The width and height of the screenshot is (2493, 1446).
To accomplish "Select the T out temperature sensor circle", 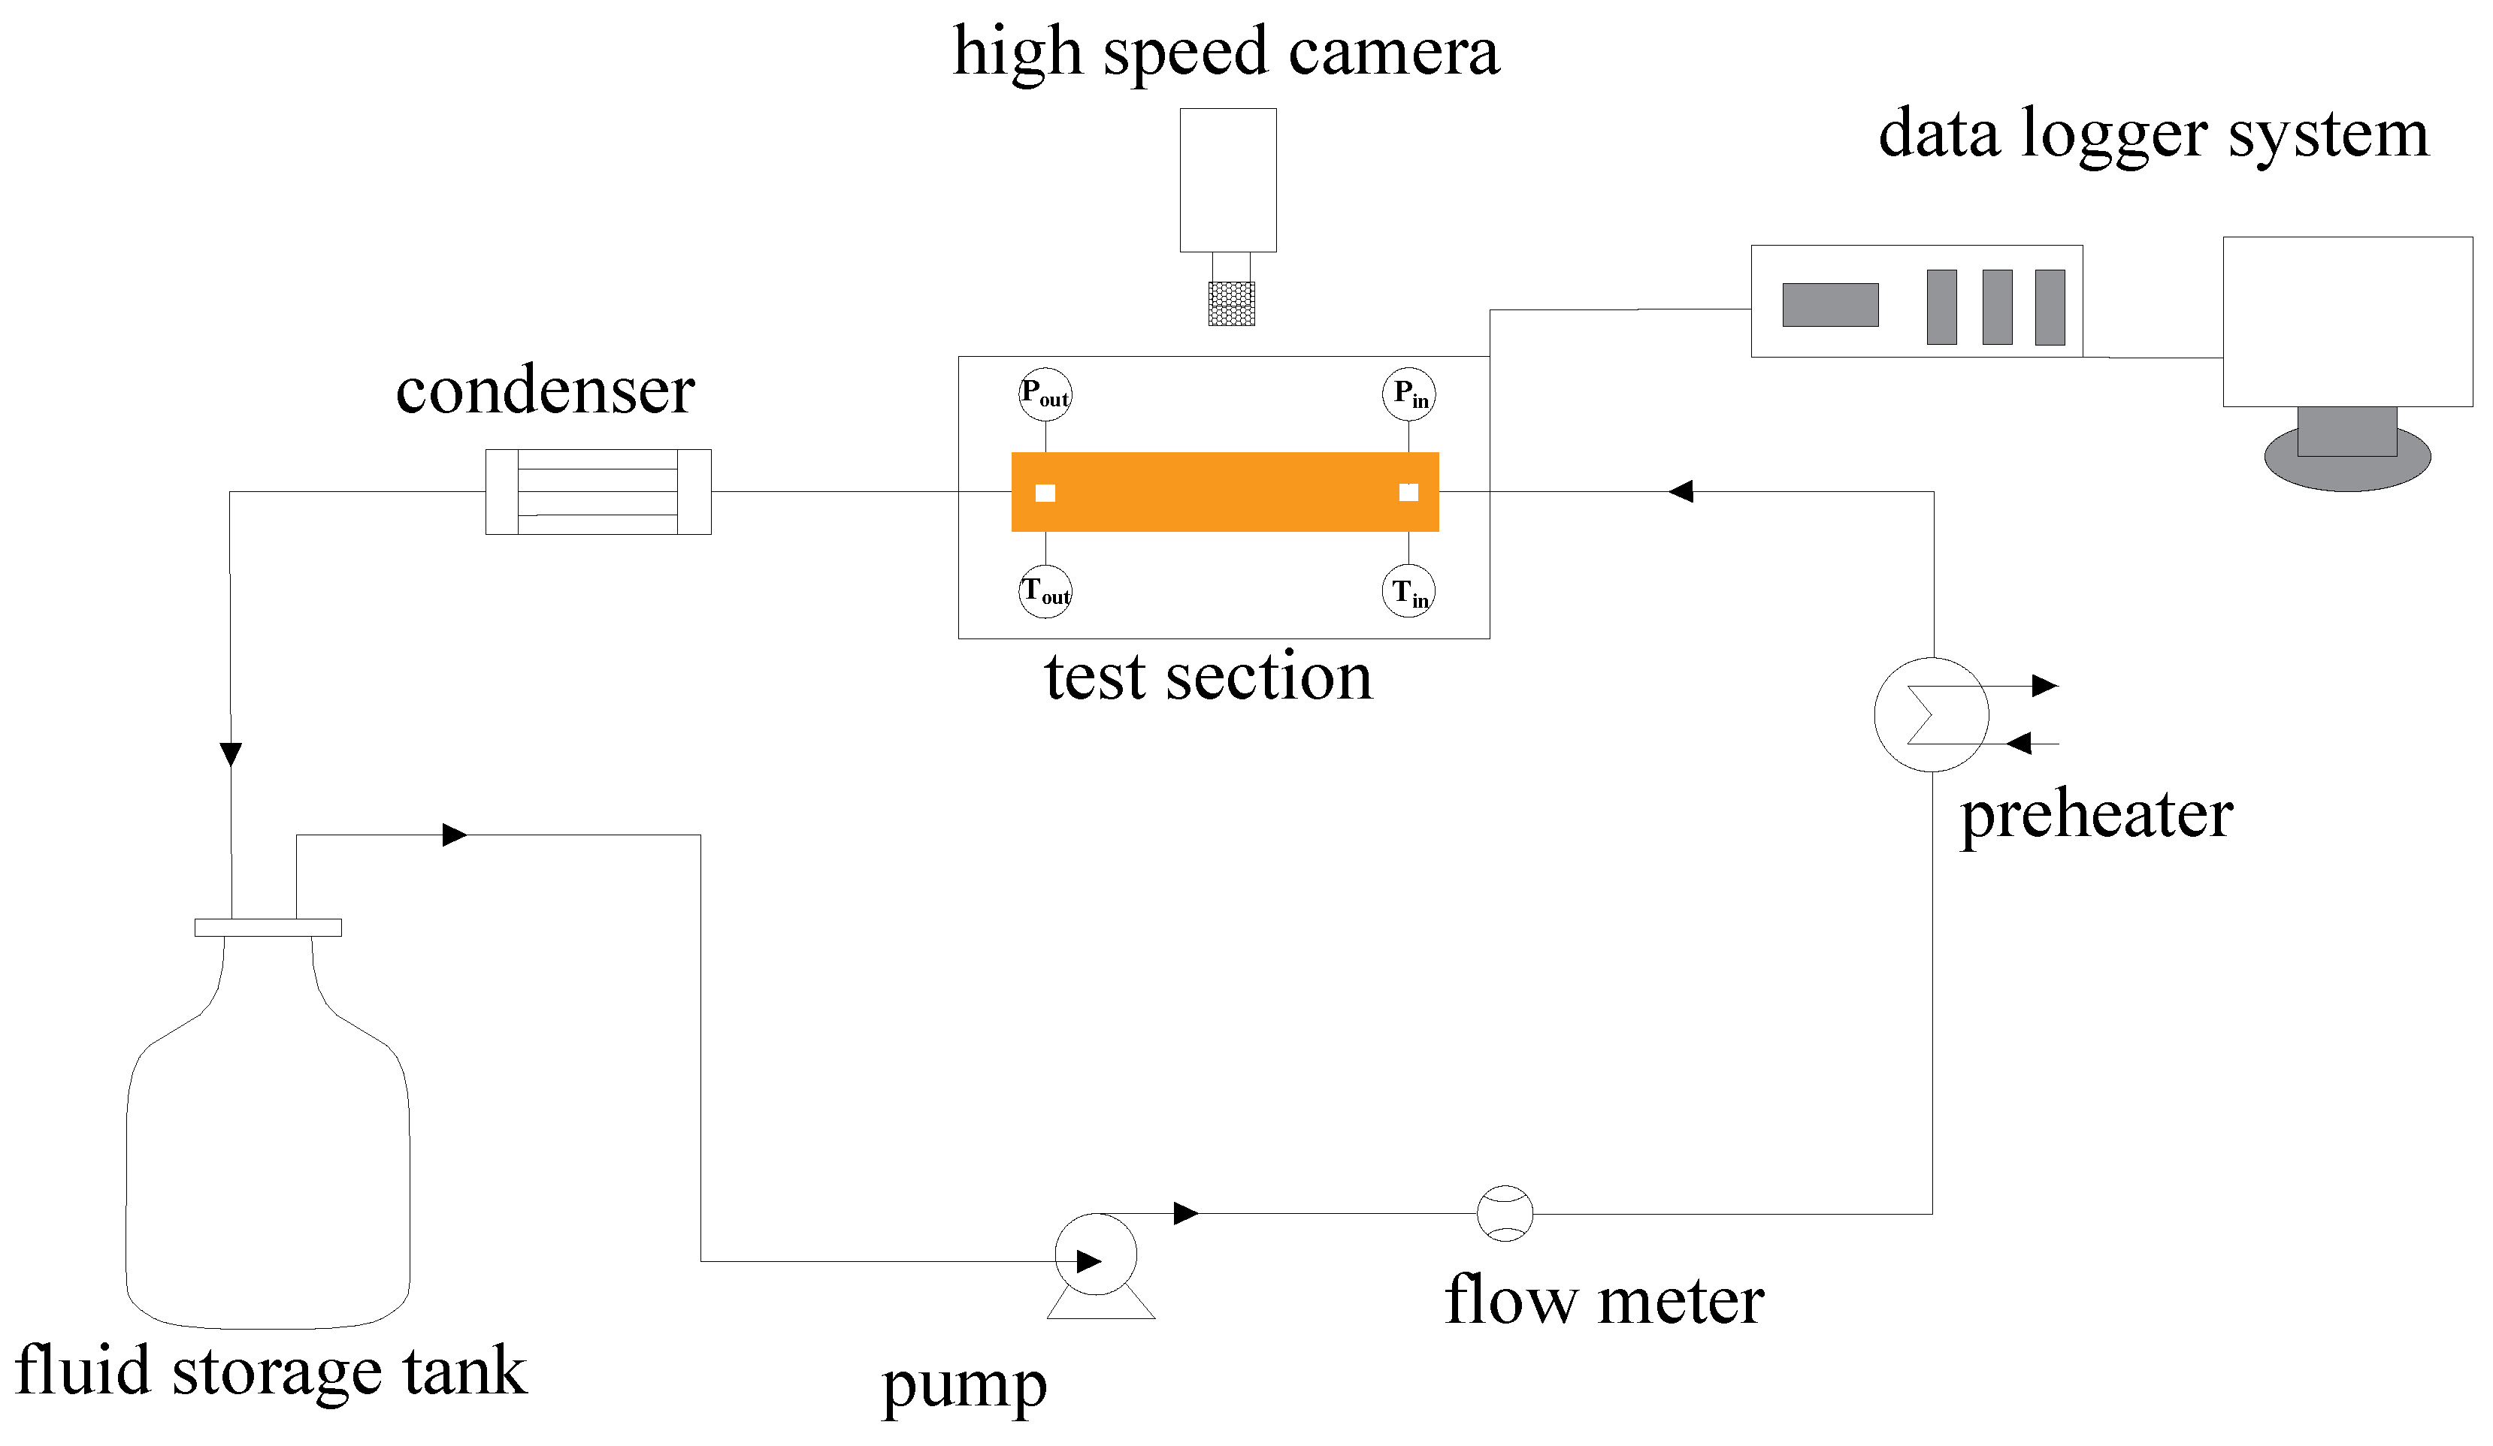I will (1045, 593).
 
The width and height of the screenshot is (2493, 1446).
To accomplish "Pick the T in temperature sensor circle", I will (1408, 593).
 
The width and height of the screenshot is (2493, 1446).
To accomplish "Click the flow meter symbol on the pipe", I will (1505, 1214).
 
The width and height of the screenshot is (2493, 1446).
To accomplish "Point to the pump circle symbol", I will (1096, 1255).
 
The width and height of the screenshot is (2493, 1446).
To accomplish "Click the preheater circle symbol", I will (1931, 714).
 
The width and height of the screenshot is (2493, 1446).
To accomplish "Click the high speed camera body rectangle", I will (1227, 180).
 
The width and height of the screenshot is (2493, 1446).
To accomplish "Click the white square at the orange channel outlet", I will (1045, 494).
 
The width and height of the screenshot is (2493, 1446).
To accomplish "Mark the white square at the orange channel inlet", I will (1408, 493).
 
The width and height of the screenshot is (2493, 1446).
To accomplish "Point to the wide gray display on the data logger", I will (1830, 305).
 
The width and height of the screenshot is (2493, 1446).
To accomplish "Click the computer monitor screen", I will (2346, 322).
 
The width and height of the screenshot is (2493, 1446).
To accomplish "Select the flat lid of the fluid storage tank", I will (268, 928).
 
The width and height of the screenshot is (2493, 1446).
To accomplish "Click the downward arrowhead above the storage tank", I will (231, 755).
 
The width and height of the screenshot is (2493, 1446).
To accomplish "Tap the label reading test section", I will (1208, 678).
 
